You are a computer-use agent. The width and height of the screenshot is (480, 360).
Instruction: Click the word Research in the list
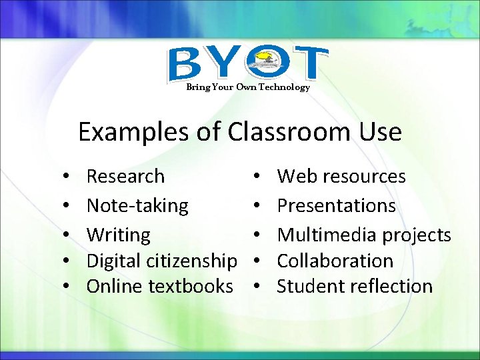pos(125,177)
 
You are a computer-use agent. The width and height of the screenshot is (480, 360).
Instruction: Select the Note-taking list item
pos(137,206)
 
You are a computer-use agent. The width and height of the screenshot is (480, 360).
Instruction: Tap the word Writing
pos(119,235)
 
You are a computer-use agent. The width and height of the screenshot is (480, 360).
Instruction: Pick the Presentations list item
pos(336,206)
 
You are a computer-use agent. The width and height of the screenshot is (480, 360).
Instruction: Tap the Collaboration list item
pos(335,261)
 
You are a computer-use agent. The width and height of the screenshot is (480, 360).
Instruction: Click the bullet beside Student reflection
pos(257,287)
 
